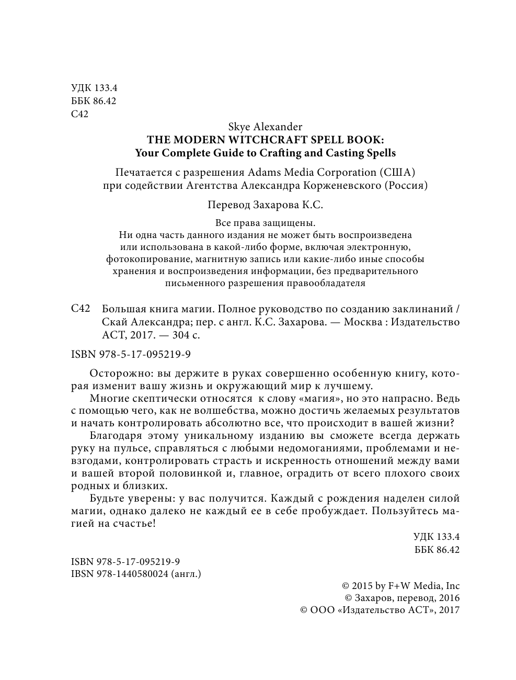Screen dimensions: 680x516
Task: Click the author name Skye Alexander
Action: (x=265, y=127)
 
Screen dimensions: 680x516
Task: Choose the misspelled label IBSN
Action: (x=82, y=574)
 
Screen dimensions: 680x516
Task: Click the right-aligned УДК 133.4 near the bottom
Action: (x=436, y=537)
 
